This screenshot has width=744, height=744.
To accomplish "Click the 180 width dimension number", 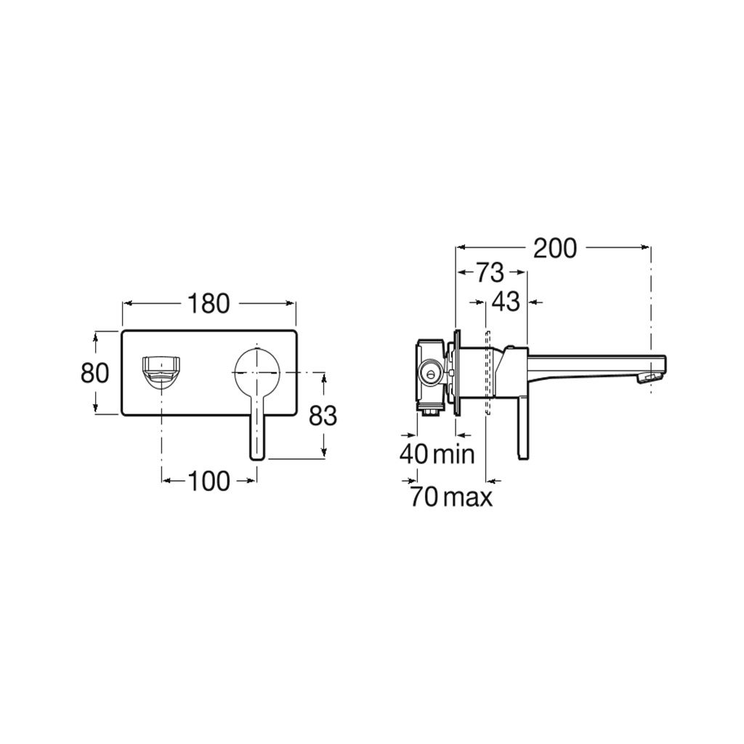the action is [209, 304].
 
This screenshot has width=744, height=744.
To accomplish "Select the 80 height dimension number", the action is [95, 373].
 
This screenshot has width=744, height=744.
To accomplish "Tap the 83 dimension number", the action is [323, 416].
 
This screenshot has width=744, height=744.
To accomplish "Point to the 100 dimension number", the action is [209, 481].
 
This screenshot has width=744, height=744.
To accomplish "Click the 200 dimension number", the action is [555, 248].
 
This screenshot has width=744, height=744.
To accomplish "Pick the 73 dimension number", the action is [490, 272].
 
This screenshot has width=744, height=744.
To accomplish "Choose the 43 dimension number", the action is [506, 302].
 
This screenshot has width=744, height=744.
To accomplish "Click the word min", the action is [454, 454].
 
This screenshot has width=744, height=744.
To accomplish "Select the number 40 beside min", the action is [414, 454].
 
